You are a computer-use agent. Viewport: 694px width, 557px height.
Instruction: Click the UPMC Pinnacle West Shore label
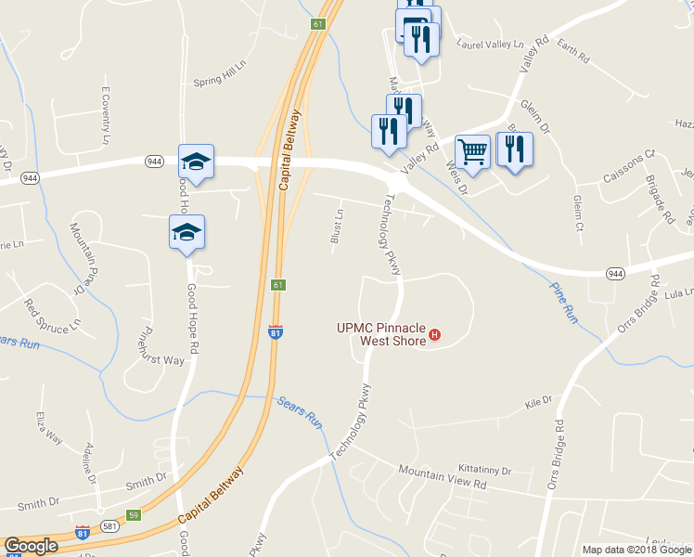[380, 334]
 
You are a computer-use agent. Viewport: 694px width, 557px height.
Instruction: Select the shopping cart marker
[473, 152]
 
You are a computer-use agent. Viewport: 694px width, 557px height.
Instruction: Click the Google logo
[31, 546]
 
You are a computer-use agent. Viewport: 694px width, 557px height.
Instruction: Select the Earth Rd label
[573, 57]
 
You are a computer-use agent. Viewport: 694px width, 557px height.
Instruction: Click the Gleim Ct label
[578, 214]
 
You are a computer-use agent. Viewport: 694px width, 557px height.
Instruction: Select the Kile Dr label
[538, 403]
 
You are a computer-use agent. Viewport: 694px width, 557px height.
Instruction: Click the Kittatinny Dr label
[484, 471]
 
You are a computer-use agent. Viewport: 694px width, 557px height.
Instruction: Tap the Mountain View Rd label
[443, 478]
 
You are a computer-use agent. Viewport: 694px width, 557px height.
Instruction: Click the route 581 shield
[109, 525]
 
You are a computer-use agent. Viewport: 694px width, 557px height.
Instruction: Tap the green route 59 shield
[134, 513]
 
